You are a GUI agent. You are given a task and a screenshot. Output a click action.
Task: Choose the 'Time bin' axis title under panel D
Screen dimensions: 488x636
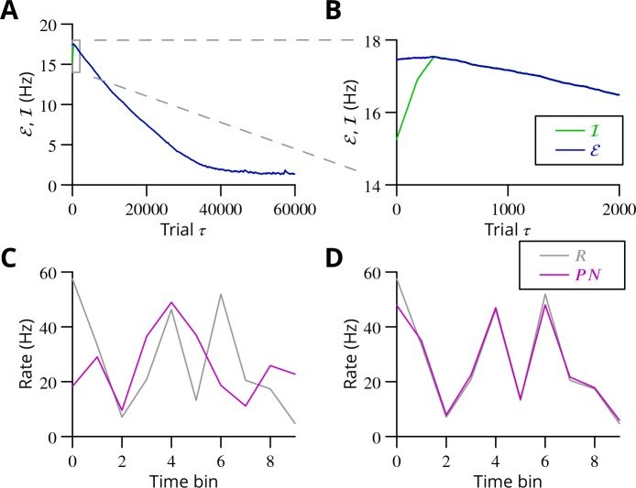coord(508,480)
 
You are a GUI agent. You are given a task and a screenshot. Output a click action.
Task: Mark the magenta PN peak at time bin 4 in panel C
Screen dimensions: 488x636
coord(171,302)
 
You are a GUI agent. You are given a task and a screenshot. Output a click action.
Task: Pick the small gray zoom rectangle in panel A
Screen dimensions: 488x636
coord(76,56)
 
